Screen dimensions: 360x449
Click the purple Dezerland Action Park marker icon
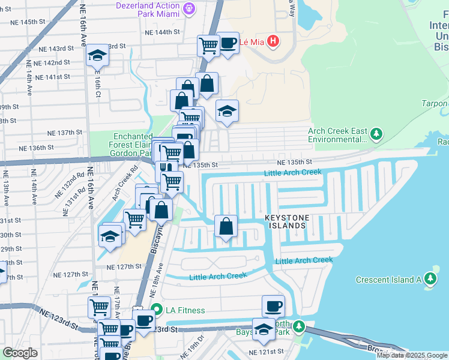(x=190, y=8)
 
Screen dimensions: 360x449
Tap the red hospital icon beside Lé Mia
(x=273, y=41)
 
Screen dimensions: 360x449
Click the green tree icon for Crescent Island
(x=430, y=279)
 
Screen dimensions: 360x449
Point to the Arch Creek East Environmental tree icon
(x=376, y=134)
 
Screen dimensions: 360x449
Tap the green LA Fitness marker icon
(x=157, y=310)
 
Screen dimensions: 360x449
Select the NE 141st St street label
(x=53, y=77)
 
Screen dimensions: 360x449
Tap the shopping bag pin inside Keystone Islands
(x=226, y=227)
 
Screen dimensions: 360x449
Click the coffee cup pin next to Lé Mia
(x=228, y=44)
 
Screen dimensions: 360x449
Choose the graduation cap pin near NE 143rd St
(x=95, y=56)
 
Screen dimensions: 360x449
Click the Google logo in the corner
(x=20, y=353)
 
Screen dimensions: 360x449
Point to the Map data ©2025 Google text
(x=412, y=355)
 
